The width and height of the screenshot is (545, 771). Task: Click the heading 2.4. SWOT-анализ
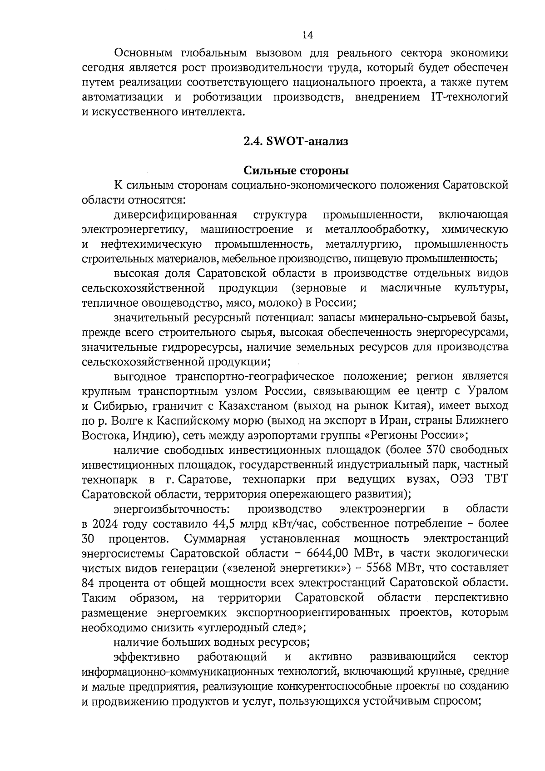click(296, 141)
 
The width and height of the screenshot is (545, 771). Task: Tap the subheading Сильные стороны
click(296, 171)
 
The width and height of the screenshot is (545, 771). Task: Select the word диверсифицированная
click(176, 214)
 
